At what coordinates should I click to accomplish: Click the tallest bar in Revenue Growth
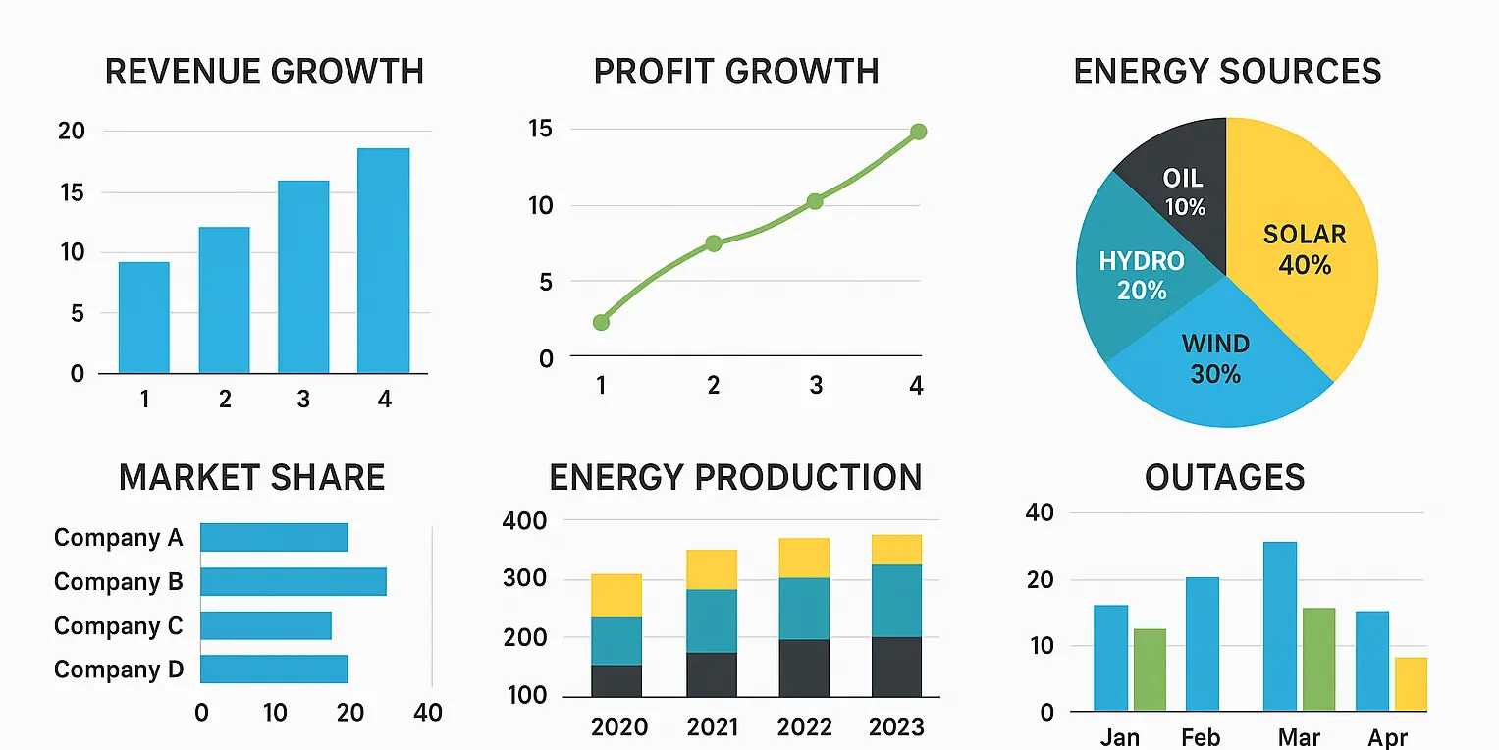[x=383, y=260]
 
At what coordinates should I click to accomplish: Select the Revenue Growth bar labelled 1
[x=144, y=317]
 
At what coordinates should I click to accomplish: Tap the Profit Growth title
[x=736, y=72]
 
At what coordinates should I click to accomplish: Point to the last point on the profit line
[x=918, y=132]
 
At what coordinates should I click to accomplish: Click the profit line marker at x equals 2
[x=714, y=243]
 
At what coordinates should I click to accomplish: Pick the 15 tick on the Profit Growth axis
[x=540, y=130]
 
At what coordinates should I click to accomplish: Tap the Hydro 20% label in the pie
[x=1142, y=275]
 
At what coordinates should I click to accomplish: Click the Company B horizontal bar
[x=293, y=581]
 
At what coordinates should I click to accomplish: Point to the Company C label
[x=118, y=626]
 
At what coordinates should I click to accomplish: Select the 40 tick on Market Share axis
[x=428, y=713]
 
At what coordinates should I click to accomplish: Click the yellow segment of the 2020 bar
[x=616, y=595]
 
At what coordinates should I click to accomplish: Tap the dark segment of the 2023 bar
[x=896, y=668]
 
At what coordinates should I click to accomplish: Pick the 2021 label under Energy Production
[x=712, y=726]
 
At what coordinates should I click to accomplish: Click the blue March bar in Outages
[x=1279, y=626]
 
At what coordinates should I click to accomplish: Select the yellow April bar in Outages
[x=1411, y=684]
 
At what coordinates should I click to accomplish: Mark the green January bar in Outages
[x=1150, y=670]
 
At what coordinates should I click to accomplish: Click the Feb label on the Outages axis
[x=1201, y=737]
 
